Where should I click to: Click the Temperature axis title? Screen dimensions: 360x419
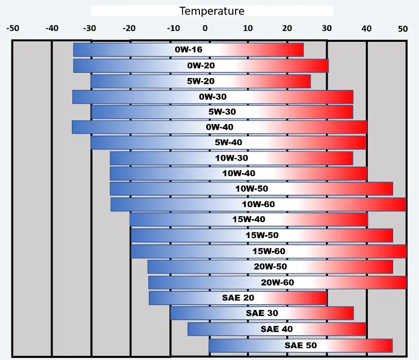coord(212,11)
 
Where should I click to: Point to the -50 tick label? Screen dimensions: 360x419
coord(12,29)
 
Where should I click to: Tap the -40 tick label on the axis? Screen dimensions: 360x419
coord(52,29)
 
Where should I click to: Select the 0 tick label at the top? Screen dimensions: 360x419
coord(205,29)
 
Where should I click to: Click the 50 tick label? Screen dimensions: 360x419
coord(403,29)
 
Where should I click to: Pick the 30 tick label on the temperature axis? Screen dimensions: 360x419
coord(327,29)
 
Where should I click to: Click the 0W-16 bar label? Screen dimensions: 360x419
coord(189,50)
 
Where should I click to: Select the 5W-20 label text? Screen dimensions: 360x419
coord(201,81)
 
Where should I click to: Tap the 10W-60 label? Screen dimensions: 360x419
coord(258,205)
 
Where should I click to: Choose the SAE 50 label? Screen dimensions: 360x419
coord(301,345)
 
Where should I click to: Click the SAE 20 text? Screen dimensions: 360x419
coord(238,298)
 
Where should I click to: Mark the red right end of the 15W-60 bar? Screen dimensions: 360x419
coord(401,252)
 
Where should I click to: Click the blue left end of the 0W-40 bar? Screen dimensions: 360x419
coord(77,127)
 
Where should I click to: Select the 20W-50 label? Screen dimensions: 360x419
coord(270,267)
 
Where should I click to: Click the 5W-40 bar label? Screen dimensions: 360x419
coord(228,143)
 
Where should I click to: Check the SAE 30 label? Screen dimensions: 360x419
coord(262,314)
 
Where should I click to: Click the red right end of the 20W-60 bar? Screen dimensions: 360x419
coord(401,283)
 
